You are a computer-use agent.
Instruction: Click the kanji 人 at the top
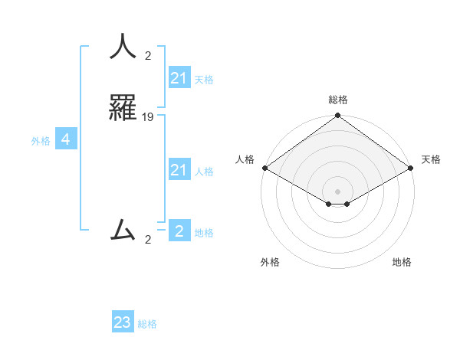pos(123,46)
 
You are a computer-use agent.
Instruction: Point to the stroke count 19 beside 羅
pos(148,117)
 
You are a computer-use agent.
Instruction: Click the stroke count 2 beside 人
pos(148,56)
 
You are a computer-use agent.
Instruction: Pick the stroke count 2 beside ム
pos(148,240)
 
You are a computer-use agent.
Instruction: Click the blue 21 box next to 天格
pos(179,78)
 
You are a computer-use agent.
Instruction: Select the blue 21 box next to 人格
pos(179,170)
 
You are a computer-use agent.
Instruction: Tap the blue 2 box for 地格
pos(179,231)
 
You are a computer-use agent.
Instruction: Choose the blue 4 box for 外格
pos(66,139)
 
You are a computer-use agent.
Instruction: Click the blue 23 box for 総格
pos(123,322)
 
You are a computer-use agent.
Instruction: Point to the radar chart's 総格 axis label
pos(337,100)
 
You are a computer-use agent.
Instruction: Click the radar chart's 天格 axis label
pos(431,159)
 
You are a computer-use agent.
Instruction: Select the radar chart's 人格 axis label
pos(245,159)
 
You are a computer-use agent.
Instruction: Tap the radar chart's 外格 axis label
pos(270,262)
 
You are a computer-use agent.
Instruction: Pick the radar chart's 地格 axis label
pos(402,262)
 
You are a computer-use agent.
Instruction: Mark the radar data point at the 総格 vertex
pos(337,116)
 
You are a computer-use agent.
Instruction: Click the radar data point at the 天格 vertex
pos(412,168)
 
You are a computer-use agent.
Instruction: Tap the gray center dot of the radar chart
pos(337,191)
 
